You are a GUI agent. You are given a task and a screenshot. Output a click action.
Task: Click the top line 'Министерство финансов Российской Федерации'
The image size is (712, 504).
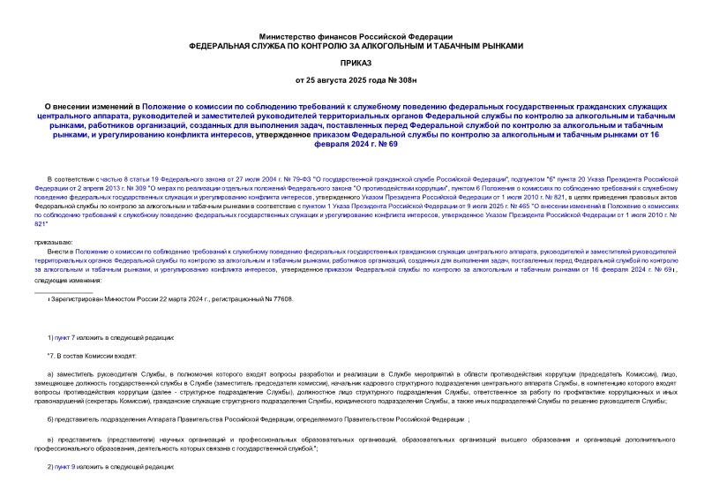(x=356, y=34)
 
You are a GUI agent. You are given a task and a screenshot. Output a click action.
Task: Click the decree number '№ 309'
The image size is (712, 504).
(x=139, y=188)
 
